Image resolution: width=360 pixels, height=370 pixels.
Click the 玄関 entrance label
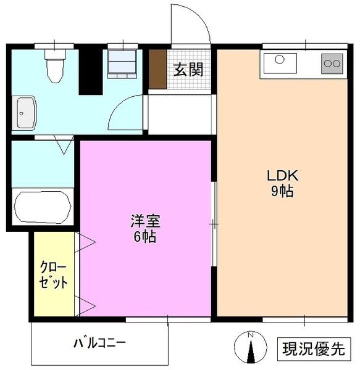point(187,69)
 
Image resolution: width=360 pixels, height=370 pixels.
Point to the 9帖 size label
point(282,191)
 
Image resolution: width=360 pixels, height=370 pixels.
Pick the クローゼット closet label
point(53,274)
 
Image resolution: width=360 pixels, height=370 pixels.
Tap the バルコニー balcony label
point(99,342)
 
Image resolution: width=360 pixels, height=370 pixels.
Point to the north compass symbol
point(251,350)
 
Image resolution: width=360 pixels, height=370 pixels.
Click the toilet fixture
point(55,65)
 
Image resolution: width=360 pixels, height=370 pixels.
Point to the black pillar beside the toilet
point(90,71)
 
